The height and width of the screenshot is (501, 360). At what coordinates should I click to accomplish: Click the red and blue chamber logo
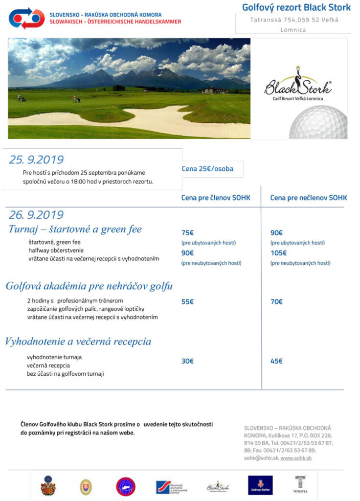(26, 18)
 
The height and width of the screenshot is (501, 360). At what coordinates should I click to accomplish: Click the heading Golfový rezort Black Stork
(296, 7)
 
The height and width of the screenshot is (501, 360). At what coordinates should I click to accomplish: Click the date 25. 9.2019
(36, 159)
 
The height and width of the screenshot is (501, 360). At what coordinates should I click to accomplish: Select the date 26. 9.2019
(36, 214)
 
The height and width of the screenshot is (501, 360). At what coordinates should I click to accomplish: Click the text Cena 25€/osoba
(207, 169)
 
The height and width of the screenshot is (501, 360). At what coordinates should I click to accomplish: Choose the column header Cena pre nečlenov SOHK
(308, 198)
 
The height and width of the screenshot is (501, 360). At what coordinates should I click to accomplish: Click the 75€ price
(187, 233)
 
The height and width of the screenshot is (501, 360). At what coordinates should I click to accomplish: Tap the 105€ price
(278, 253)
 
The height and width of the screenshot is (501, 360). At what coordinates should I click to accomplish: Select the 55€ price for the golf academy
(187, 302)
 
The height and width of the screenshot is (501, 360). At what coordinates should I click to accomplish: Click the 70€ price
(276, 302)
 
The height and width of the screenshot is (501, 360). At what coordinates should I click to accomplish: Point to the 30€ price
(187, 361)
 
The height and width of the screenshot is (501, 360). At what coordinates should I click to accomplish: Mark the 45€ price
(276, 361)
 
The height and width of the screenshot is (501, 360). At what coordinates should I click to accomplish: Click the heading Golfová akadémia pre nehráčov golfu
(89, 286)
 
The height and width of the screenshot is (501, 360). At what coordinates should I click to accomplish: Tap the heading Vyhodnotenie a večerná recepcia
(78, 341)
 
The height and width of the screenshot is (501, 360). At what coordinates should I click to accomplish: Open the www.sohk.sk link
(296, 458)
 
